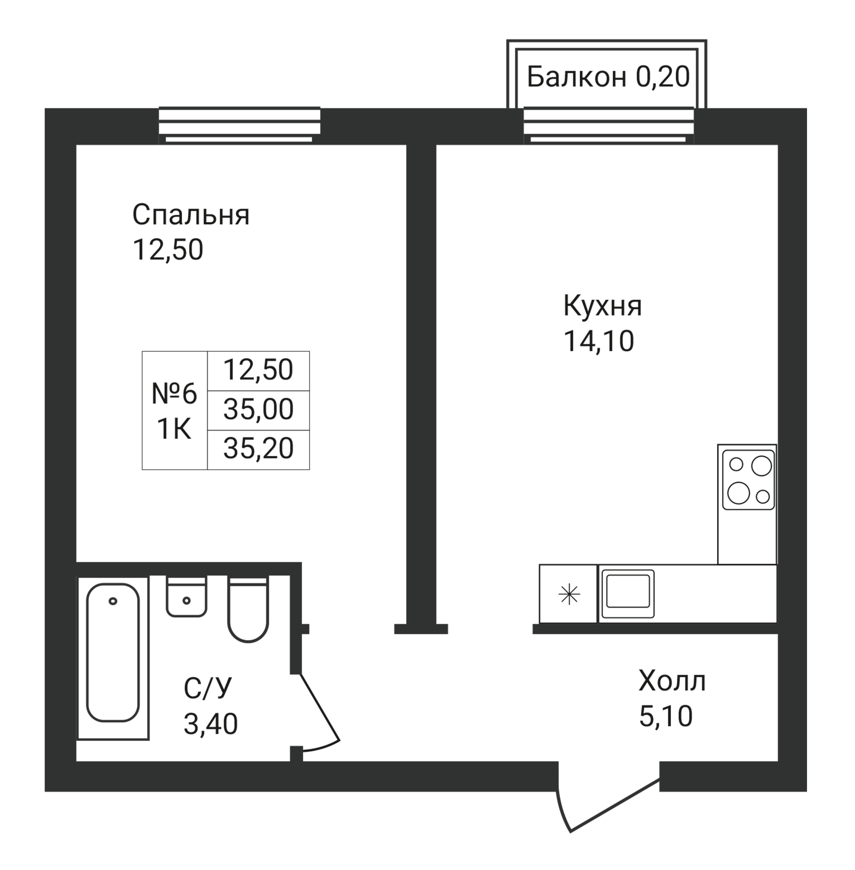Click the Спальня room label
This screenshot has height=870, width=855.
[190, 215]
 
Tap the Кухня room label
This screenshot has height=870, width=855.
[602, 306]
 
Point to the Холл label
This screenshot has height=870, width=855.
[672, 681]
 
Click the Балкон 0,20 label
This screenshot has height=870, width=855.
[608, 76]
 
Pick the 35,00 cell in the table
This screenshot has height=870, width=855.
[258, 410]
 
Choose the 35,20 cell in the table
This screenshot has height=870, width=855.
[258, 449]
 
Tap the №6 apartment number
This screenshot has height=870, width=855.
[174, 394]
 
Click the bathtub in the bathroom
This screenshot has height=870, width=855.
[113, 657]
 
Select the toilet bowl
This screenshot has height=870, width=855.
[248, 610]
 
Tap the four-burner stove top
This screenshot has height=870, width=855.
[748, 480]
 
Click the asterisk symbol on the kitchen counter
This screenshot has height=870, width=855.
[569, 594]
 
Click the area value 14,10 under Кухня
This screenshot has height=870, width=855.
[599, 341]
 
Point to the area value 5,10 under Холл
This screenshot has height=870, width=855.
[666, 716]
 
